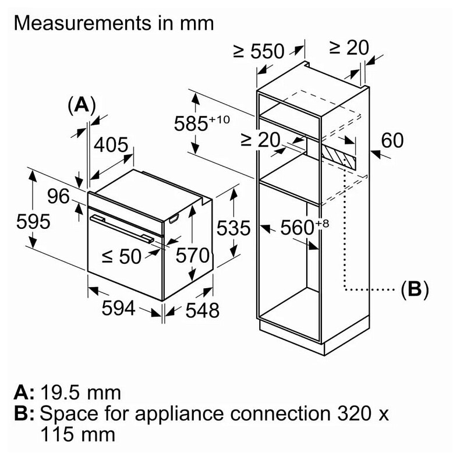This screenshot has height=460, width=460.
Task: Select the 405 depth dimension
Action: [111, 144]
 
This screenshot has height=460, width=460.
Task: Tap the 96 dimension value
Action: [58, 197]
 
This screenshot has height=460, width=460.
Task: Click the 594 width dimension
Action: [118, 309]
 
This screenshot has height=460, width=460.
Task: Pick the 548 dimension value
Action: [202, 310]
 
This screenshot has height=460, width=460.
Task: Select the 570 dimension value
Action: [192, 256]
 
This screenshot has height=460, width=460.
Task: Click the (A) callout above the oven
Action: [81, 105]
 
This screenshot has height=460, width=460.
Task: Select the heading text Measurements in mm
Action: [114, 23]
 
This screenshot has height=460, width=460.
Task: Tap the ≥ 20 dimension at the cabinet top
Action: [349, 48]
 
